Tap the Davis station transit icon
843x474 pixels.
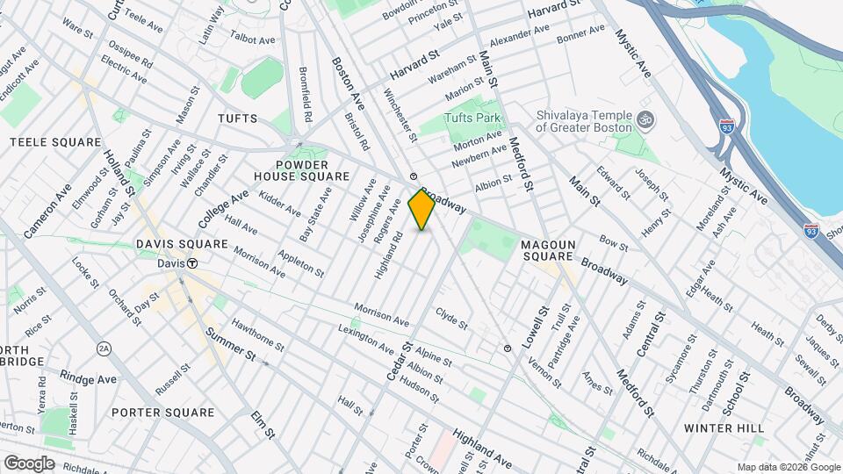coord(191,263)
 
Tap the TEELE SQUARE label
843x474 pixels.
coord(44,141)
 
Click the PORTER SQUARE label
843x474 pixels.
coord(162,412)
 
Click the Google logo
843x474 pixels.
coord(29,463)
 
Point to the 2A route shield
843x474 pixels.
coord(104,348)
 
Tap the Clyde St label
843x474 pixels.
coord(452,319)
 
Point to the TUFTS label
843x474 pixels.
coord(237,118)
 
